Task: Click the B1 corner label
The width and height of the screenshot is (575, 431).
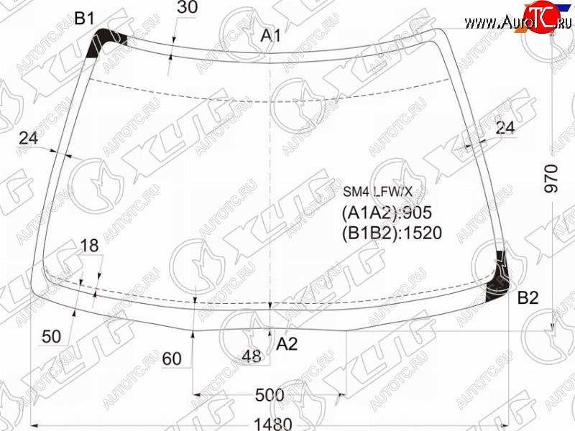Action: [x=84, y=18]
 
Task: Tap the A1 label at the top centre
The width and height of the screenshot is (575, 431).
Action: [x=271, y=35]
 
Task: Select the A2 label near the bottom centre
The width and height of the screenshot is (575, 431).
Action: [x=287, y=344]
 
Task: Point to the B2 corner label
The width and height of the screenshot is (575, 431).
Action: [x=528, y=298]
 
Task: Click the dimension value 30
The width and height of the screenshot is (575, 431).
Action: [x=188, y=6]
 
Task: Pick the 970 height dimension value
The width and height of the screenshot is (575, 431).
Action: [x=551, y=178]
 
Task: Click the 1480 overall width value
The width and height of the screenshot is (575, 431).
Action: [x=273, y=424]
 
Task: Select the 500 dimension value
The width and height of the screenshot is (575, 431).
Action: [x=270, y=395]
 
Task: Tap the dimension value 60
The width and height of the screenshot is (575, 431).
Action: [x=172, y=358]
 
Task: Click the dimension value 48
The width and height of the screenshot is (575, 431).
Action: [x=252, y=356]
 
